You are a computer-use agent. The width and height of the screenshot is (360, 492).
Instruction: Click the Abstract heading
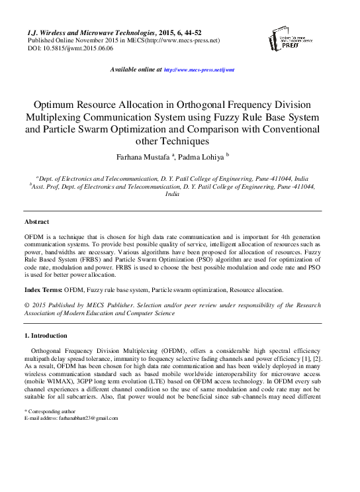coord(36,222)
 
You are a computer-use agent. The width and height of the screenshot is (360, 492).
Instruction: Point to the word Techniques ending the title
coord(191,141)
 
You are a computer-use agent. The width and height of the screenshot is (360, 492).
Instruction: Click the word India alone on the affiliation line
coord(172,195)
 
